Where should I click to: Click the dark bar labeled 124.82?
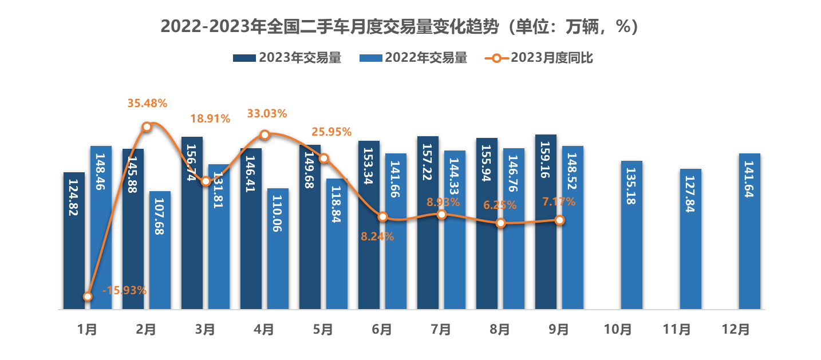point(74,240)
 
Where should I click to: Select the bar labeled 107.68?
point(160,250)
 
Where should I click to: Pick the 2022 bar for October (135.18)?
point(631,235)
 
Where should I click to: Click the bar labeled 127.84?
point(690,239)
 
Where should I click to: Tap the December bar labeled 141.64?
point(749,231)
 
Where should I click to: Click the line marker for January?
point(88,296)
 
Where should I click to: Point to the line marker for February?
point(147,126)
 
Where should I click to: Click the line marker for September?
point(560,220)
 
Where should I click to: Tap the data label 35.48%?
point(147,104)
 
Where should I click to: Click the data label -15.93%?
point(124,290)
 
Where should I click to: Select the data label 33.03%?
point(267,113)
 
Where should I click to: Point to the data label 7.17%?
point(559,202)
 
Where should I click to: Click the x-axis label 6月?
point(382,329)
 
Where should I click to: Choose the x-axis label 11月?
point(677,329)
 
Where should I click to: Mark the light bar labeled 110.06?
point(278,249)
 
